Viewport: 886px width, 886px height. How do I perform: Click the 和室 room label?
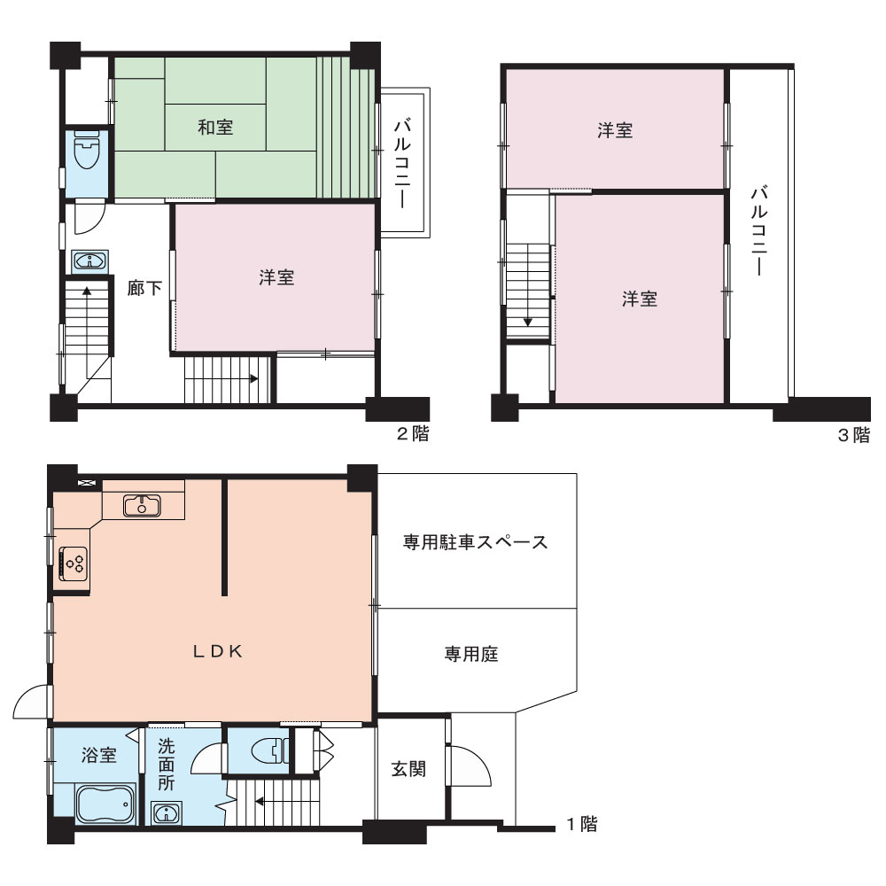click(215, 127)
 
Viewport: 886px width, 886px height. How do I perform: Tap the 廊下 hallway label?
click(144, 288)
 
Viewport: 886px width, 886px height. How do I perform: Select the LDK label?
click(218, 651)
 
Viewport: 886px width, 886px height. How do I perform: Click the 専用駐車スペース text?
click(475, 542)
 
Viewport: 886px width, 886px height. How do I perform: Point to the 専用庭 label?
click(471, 655)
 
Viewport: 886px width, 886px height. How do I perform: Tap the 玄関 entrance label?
click(408, 768)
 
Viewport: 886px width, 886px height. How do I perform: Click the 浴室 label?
click(99, 755)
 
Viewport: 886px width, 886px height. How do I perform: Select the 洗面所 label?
click(167, 765)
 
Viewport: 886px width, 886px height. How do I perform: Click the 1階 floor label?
click(582, 824)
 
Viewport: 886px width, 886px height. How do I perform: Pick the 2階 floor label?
click(413, 433)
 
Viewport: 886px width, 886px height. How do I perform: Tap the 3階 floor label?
click(854, 434)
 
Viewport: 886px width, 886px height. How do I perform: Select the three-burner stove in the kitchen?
click(74, 563)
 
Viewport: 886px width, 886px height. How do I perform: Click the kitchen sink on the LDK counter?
click(142, 505)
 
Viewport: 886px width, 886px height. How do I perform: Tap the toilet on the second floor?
click(87, 151)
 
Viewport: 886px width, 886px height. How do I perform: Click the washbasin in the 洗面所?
click(167, 813)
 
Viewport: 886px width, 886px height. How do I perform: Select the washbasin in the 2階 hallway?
click(89, 261)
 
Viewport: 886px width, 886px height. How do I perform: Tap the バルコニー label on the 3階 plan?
click(759, 231)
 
